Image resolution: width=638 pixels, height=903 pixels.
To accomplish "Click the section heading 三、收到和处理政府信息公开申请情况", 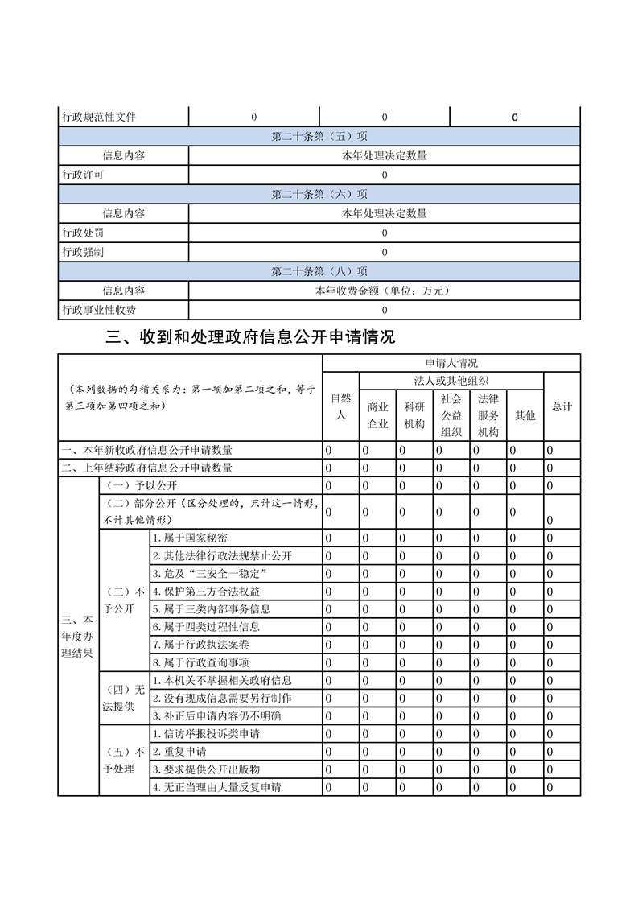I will (x=250, y=337).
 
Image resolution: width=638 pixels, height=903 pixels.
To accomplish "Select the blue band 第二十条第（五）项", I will (x=319, y=136).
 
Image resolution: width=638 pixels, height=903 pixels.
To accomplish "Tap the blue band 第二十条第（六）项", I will (x=319, y=194).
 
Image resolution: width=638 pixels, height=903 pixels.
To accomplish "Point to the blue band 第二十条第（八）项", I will (x=319, y=271).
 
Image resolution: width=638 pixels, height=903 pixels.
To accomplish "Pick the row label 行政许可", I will (x=83, y=175).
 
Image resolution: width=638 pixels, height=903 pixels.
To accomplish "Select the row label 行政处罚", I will (x=83, y=233).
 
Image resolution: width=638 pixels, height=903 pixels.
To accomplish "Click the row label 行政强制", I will (x=83, y=252).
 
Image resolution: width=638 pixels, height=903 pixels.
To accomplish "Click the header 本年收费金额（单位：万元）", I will (x=384, y=291).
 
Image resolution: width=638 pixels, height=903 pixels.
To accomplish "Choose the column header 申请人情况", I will (x=451, y=363).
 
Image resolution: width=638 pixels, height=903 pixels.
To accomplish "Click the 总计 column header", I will (x=562, y=407).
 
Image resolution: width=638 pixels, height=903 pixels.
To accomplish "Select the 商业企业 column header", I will (x=378, y=415).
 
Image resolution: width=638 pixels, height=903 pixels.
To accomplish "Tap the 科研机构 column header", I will (x=414, y=415).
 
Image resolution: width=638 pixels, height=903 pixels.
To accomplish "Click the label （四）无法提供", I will (x=124, y=698).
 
